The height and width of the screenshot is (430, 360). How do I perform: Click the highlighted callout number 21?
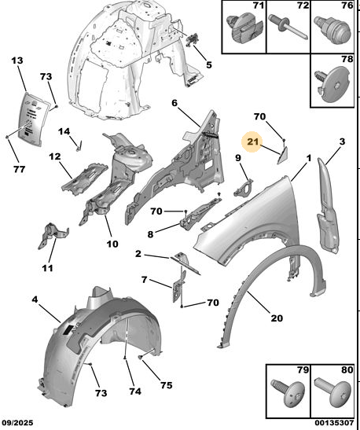[252, 141]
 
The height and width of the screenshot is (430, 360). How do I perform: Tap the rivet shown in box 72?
[288, 28]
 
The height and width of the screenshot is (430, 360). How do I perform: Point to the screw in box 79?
[288, 394]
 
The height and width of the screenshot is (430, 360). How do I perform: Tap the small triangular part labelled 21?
[282, 155]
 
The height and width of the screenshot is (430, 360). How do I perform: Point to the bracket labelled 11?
[52, 236]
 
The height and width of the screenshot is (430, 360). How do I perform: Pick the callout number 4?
[35, 300]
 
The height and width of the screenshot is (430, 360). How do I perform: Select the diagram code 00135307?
[334, 423]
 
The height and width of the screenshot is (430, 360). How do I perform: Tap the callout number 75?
[167, 385]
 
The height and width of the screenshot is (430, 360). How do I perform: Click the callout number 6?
[174, 103]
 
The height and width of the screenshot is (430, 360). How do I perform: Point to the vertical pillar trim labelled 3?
[328, 206]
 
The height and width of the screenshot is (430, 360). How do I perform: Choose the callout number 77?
[19, 169]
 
